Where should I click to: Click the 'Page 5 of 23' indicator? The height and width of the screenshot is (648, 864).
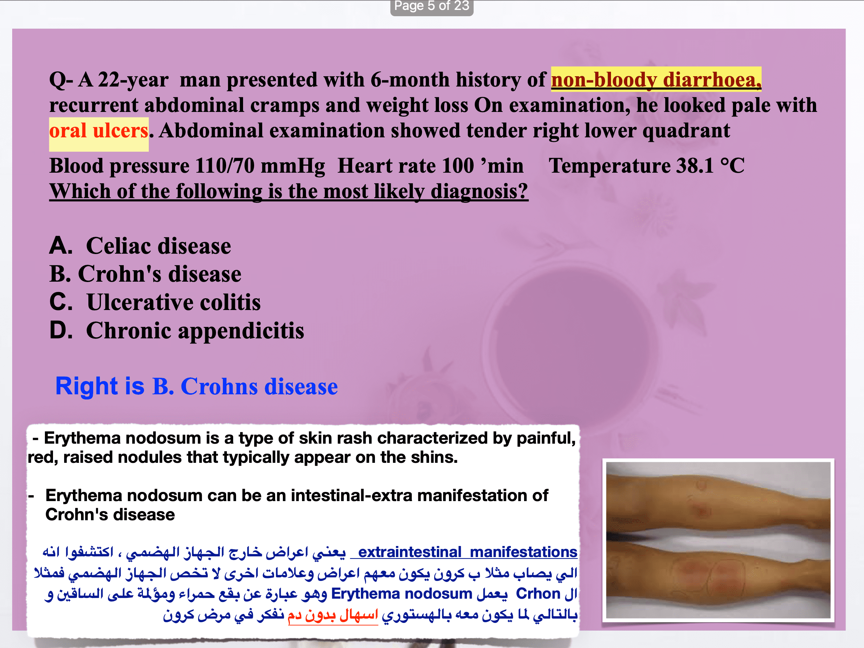[432, 6]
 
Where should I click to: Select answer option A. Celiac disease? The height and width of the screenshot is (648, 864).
[140, 246]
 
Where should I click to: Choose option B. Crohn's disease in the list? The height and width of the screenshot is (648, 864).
[145, 274]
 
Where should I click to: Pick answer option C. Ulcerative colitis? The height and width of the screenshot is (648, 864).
[155, 302]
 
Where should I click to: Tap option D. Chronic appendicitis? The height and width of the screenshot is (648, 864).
[176, 331]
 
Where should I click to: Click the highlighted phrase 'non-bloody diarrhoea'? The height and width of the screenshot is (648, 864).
[656, 80]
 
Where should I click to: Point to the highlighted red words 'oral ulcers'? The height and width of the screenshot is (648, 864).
[99, 131]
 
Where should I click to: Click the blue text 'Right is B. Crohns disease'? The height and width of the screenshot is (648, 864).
[196, 386]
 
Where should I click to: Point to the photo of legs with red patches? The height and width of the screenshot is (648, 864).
[718, 540]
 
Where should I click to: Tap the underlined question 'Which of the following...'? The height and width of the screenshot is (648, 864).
[289, 191]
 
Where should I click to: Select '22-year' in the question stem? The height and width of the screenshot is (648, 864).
[133, 80]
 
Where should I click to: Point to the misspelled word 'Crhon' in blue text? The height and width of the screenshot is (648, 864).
[538, 593]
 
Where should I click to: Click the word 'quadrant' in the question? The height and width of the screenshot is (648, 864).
[686, 131]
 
